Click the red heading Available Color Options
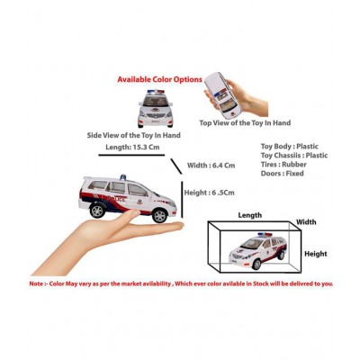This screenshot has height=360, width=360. coord(160,79)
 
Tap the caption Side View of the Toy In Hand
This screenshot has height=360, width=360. coord(134,135)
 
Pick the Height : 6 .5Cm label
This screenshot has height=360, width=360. coord(210,192)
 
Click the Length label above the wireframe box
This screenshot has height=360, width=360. coord(249,215)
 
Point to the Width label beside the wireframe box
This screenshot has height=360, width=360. coord(306,221)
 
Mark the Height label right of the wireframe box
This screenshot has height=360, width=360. coord(315,253)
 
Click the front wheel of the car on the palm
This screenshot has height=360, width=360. coord(159,214)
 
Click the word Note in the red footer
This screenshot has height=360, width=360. coord(39,283)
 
